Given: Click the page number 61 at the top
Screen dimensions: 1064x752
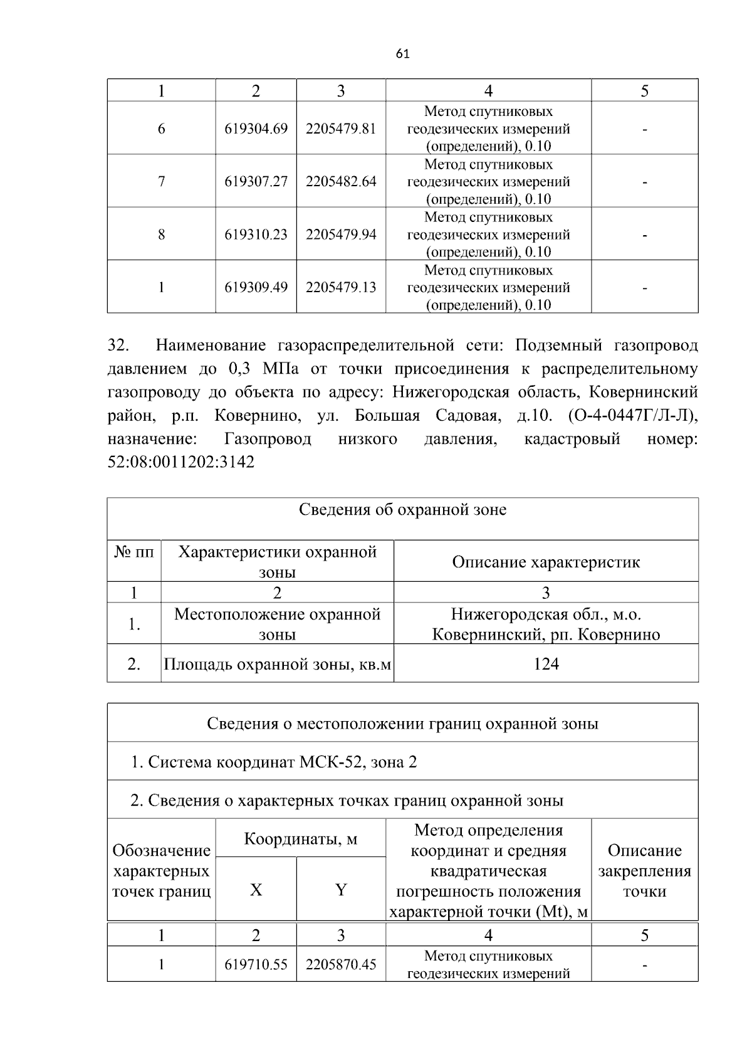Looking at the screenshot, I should pyautogui.click(x=403, y=54).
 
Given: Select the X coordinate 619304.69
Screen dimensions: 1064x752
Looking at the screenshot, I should pyautogui.click(x=256, y=129).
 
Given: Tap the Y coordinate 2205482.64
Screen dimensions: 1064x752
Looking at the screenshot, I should pyautogui.click(x=341, y=181).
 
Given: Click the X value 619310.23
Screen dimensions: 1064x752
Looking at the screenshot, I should pyautogui.click(x=256, y=234).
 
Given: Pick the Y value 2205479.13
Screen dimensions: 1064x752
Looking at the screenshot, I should pyautogui.click(x=341, y=287).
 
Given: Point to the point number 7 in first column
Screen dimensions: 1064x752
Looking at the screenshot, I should pyautogui.click(x=162, y=181).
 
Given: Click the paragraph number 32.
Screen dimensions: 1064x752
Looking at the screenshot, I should pyautogui.click(x=118, y=345).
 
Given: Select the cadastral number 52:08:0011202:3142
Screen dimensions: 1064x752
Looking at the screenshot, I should pyautogui.click(x=181, y=463).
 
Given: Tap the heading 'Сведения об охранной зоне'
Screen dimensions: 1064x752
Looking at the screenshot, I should pyautogui.click(x=402, y=510).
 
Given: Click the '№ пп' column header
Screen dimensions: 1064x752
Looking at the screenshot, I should pyautogui.click(x=134, y=552).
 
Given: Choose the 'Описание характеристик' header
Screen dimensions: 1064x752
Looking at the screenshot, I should pyautogui.click(x=546, y=562).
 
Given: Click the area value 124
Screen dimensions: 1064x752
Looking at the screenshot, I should pyautogui.click(x=546, y=663).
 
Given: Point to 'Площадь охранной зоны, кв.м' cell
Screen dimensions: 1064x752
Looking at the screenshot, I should pyautogui.click(x=277, y=663).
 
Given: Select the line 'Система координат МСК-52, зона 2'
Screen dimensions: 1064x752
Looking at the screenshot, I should pyautogui.click(x=274, y=762).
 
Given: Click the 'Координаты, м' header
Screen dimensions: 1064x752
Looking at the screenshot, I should pyautogui.click(x=300, y=838).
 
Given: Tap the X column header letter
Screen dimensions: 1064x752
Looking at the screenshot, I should pyautogui.click(x=256, y=890).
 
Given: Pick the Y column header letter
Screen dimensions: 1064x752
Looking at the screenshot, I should pyautogui.click(x=341, y=890).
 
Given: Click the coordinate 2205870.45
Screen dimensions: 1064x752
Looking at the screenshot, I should pyautogui.click(x=341, y=964).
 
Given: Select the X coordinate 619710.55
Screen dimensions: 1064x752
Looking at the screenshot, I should pyautogui.click(x=256, y=964).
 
